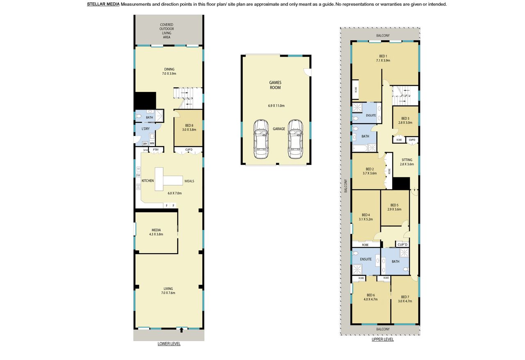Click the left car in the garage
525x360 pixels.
coord(261,139)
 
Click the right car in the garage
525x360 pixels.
coord(295,139)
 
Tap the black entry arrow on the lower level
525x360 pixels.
coord(181,330)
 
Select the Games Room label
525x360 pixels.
coord(275,85)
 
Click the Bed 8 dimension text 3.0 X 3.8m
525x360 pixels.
coord(189,130)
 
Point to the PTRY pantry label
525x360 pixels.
coord(155,150)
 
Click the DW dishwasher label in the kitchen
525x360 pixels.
coord(138,175)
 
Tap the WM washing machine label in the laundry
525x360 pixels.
coord(152,143)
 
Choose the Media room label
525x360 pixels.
coord(156,230)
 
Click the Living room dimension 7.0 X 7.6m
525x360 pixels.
coord(168,293)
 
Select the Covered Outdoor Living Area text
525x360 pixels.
coord(167,31)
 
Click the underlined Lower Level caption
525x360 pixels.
coord(169,344)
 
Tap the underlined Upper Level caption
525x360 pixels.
coord(383,339)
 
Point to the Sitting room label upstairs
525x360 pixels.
coord(406,160)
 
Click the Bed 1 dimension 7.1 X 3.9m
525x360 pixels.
coord(383,60)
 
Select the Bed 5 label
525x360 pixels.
coord(394,205)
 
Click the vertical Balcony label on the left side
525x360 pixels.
coord(345,186)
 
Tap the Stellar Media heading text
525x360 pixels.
coord(103,4)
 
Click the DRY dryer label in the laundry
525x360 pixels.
coord(145,144)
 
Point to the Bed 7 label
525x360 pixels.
coord(405,297)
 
